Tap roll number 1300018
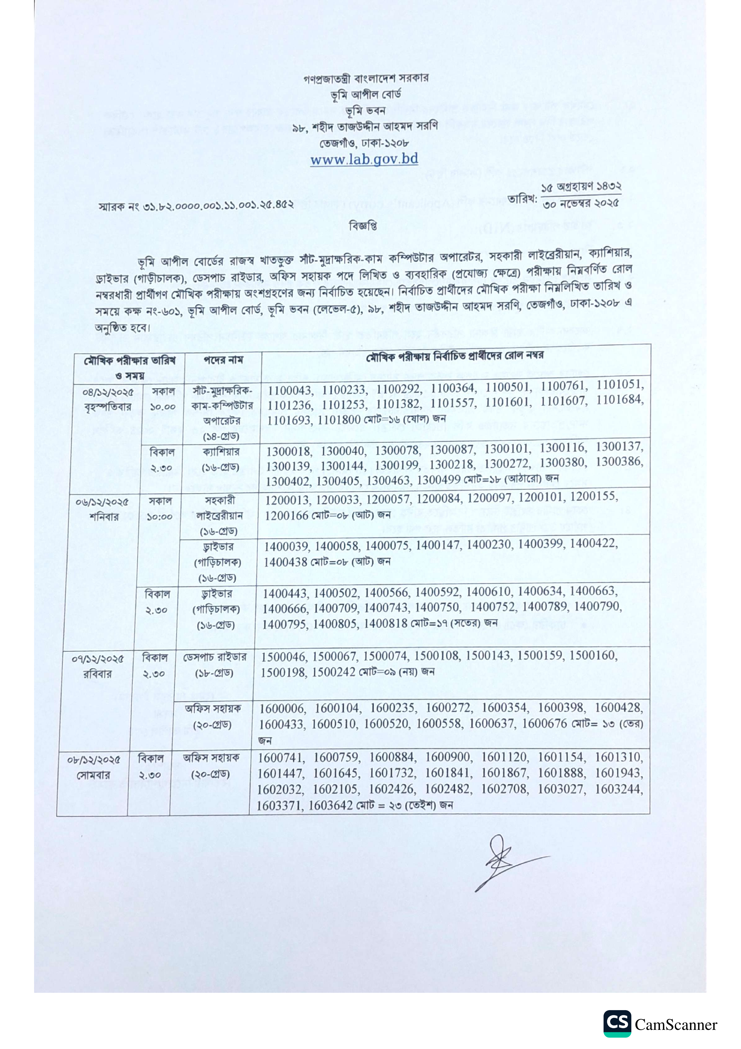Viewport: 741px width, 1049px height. coord(289,452)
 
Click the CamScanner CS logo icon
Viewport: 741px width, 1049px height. coord(617,1023)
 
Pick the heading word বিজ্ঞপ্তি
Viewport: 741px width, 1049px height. coord(363,226)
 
